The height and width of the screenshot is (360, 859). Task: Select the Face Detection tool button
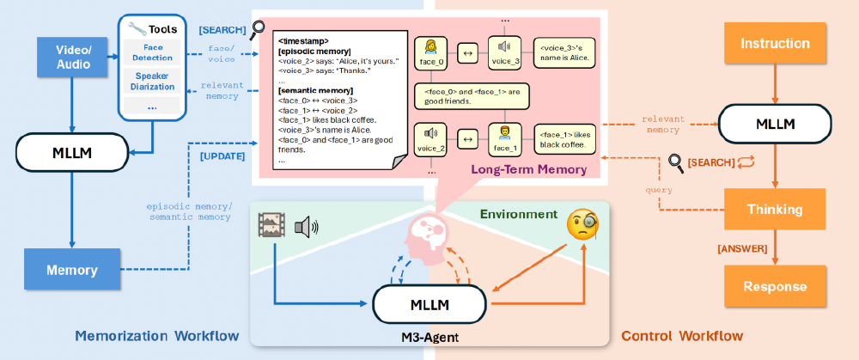[x=152, y=52]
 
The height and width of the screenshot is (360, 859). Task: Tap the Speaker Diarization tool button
[x=152, y=82]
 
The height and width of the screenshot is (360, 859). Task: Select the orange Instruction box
[x=775, y=43]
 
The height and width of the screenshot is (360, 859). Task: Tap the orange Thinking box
[x=775, y=208]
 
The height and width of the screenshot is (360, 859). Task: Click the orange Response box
[x=775, y=286]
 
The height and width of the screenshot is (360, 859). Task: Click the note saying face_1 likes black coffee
[x=564, y=138]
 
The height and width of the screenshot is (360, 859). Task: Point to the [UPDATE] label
[x=222, y=156]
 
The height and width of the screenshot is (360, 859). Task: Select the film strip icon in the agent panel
[x=271, y=226]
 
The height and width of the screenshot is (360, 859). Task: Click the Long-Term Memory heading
[x=528, y=170]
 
